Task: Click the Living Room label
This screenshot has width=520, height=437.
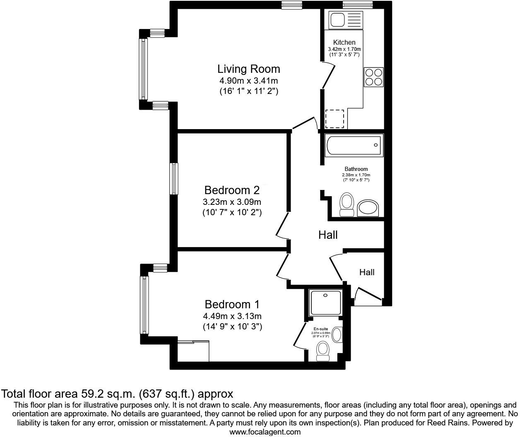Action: point(248,69)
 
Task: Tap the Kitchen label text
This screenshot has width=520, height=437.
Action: point(344,42)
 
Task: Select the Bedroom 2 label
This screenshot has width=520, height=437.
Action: point(232,190)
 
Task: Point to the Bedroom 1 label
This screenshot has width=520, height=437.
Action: point(232,305)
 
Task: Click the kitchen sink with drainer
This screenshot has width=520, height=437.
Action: point(345,19)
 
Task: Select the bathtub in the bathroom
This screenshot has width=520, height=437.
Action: point(354,145)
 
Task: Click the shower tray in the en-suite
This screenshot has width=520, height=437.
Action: point(326,303)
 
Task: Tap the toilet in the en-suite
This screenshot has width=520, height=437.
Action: point(323,351)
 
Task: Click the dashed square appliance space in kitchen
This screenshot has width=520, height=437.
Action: point(335,119)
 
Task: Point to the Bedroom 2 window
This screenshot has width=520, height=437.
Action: point(174,178)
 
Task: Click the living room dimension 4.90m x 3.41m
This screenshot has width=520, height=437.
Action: point(248,81)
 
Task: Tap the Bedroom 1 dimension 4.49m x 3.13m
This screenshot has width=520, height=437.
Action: point(232,316)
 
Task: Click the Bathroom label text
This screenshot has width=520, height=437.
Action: point(356,169)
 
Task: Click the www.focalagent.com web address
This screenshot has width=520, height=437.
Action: point(265,432)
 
